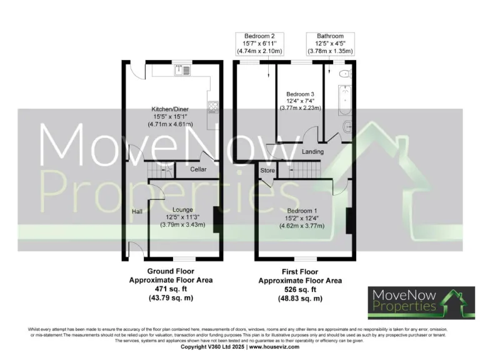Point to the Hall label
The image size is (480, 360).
pos(137,212)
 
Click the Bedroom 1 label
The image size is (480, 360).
pos(302,211)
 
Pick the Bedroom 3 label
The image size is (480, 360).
pos(299,94)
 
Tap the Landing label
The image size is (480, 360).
pos(312,152)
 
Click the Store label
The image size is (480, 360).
pos(267,170)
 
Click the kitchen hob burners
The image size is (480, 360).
pos(213,107)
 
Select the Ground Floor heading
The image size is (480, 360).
pos(171,272)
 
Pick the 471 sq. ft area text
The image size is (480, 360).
pos(171,289)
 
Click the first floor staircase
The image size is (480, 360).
pos(306,167)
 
